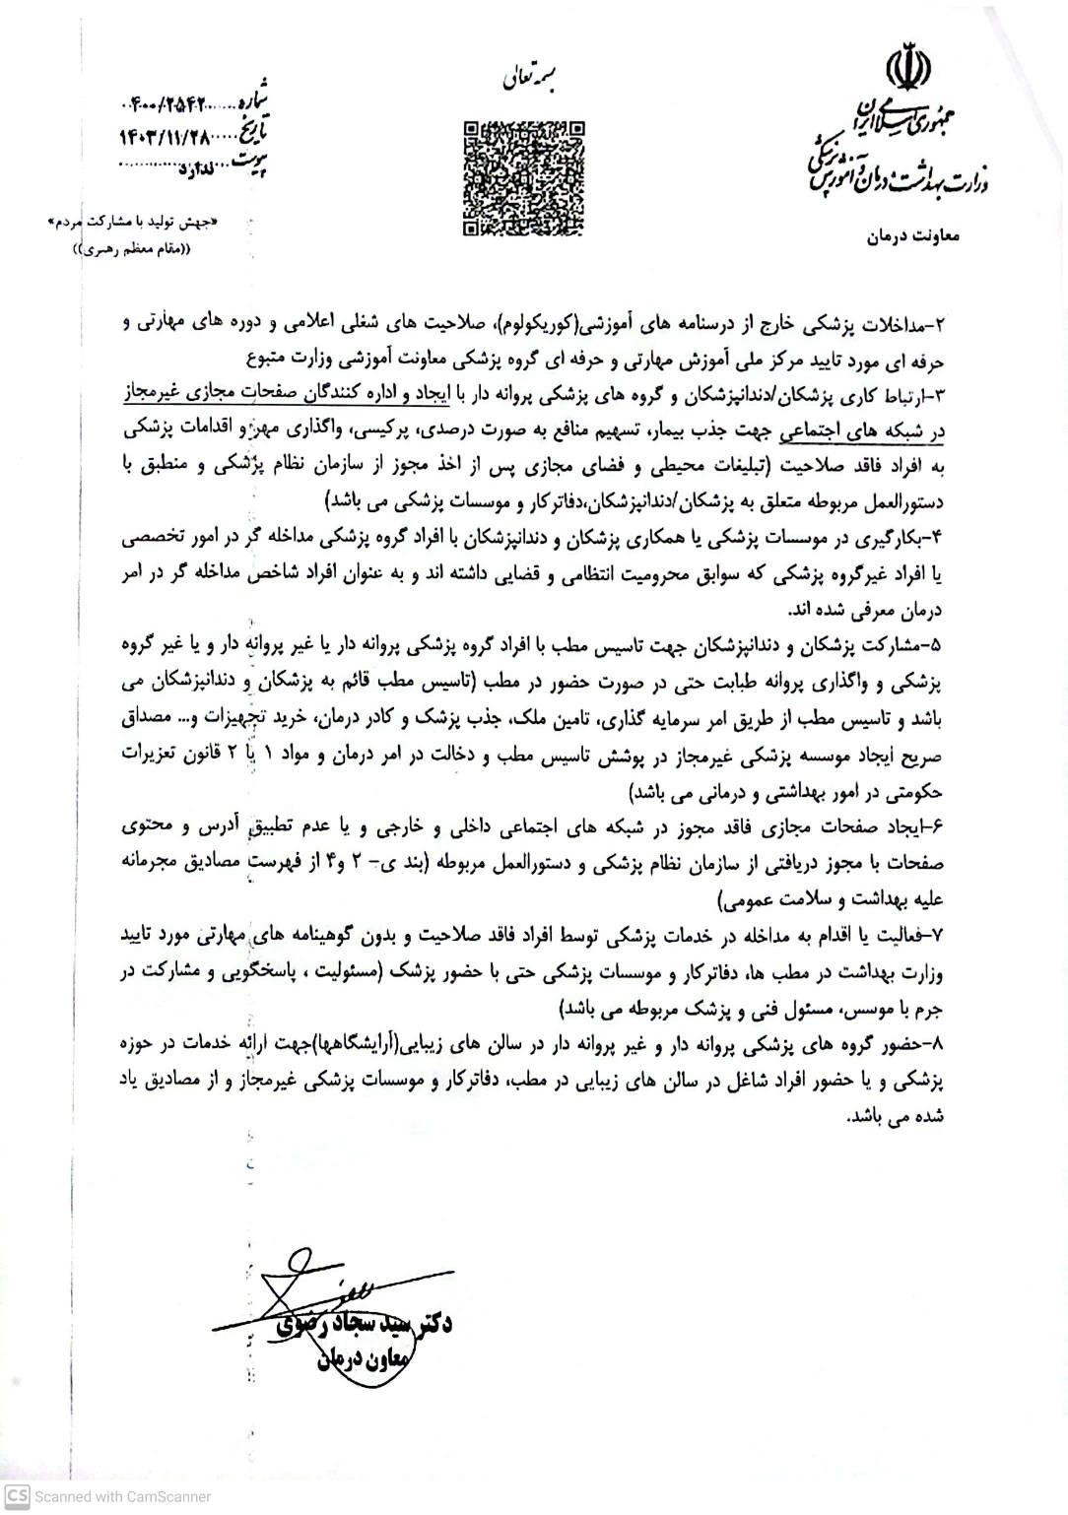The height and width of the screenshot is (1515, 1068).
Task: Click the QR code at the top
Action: (523, 177)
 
